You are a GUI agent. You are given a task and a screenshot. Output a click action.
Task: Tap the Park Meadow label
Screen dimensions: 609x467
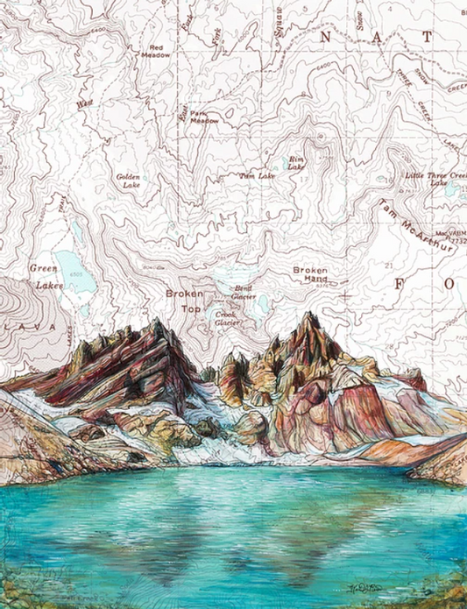204,117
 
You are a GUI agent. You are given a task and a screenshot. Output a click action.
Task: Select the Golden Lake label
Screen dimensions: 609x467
128,181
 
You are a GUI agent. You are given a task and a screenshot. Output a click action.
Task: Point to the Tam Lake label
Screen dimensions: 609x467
257,176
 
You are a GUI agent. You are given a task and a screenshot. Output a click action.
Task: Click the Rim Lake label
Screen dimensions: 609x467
296,163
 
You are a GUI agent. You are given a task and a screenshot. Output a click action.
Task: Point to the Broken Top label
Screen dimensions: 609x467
185,301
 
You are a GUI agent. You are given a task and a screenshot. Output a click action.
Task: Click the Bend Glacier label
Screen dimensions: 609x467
244,292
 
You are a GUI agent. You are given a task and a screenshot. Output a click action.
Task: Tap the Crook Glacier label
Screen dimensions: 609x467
226,317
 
